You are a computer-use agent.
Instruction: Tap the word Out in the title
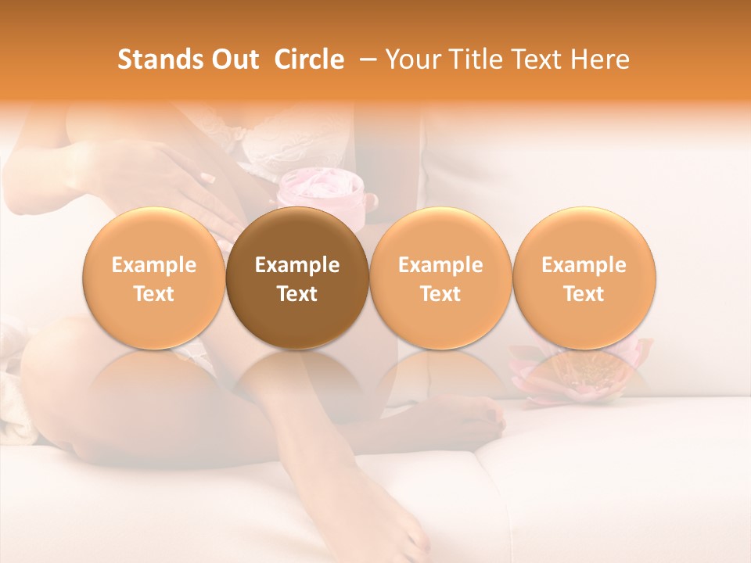tap(232, 59)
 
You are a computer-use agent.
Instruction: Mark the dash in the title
tap(364, 59)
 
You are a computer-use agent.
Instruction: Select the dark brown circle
tap(297, 278)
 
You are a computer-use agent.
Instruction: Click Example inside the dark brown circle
tap(297, 265)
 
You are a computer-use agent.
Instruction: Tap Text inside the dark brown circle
tap(297, 294)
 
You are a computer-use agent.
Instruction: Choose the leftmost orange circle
tap(154, 278)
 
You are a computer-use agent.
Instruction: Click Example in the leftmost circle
tap(154, 265)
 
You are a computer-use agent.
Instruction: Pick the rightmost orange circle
tap(584, 278)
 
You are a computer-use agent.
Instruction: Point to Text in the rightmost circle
tap(584, 294)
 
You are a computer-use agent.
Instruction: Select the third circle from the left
tap(440, 278)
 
